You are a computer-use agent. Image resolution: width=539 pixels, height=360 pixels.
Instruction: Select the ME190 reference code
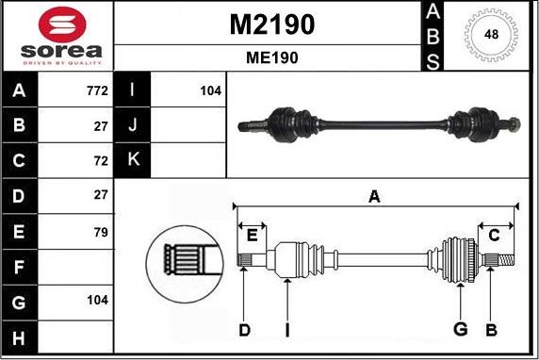[271, 57]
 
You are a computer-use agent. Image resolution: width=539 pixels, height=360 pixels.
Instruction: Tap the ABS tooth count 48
[490, 35]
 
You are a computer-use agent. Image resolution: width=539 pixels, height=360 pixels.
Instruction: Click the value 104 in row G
[96, 301]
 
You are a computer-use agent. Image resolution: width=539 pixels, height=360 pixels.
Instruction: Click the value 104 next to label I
[209, 91]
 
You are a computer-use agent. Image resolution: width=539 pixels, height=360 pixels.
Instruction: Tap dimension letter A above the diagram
[374, 196]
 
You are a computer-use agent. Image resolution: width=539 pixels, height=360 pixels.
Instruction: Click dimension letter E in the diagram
[251, 235]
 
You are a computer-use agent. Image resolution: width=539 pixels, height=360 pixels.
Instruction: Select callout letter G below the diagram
[460, 329]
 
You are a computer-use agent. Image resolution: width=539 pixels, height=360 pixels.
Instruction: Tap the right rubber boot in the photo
[468, 123]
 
